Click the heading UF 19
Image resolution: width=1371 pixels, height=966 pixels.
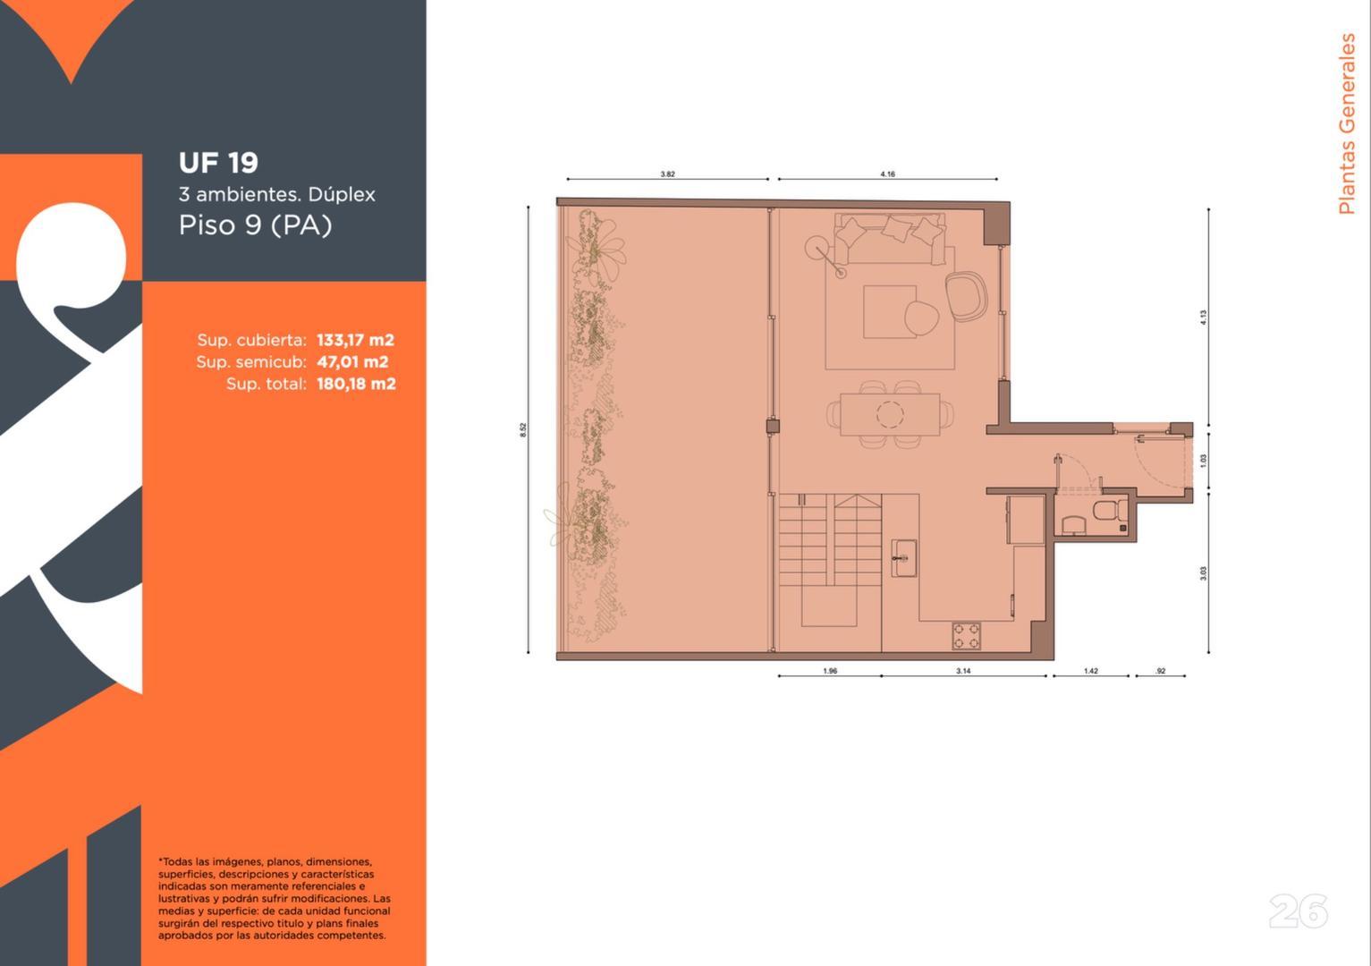(x=218, y=163)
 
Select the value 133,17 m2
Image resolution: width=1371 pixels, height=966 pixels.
(x=355, y=340)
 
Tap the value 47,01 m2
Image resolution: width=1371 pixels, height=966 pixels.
(x=352, y=362)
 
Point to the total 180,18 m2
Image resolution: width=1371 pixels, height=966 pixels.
(x=356, y=384)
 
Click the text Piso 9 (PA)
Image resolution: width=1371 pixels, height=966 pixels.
(x=255, y=225)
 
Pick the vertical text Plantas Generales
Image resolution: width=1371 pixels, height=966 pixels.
(x=1346, y=124)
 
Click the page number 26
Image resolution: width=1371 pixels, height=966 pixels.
(x=1298, y=911)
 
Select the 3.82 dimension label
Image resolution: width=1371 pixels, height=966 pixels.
(x=667, y=174)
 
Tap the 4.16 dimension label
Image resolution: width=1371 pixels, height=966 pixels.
(x=887, y=174)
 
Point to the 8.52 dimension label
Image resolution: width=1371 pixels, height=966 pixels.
(x=523, y=429)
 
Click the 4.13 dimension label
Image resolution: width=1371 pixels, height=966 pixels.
(x=1204, y=317)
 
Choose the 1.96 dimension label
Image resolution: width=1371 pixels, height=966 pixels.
(x=830, y=671)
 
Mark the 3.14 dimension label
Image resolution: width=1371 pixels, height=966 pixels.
(x=963, y=671)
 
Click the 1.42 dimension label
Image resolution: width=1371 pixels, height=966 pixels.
(x=1090, y=671)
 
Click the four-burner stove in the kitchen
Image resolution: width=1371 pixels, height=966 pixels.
(x=966, y=636)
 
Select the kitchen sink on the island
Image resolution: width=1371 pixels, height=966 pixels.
(x=903, y=559)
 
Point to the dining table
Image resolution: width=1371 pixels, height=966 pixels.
(x=890, y=414)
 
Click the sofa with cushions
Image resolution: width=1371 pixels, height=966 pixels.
(x=890, y=237)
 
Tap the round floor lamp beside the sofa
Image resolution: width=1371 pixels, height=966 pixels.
(x=817, y=248)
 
